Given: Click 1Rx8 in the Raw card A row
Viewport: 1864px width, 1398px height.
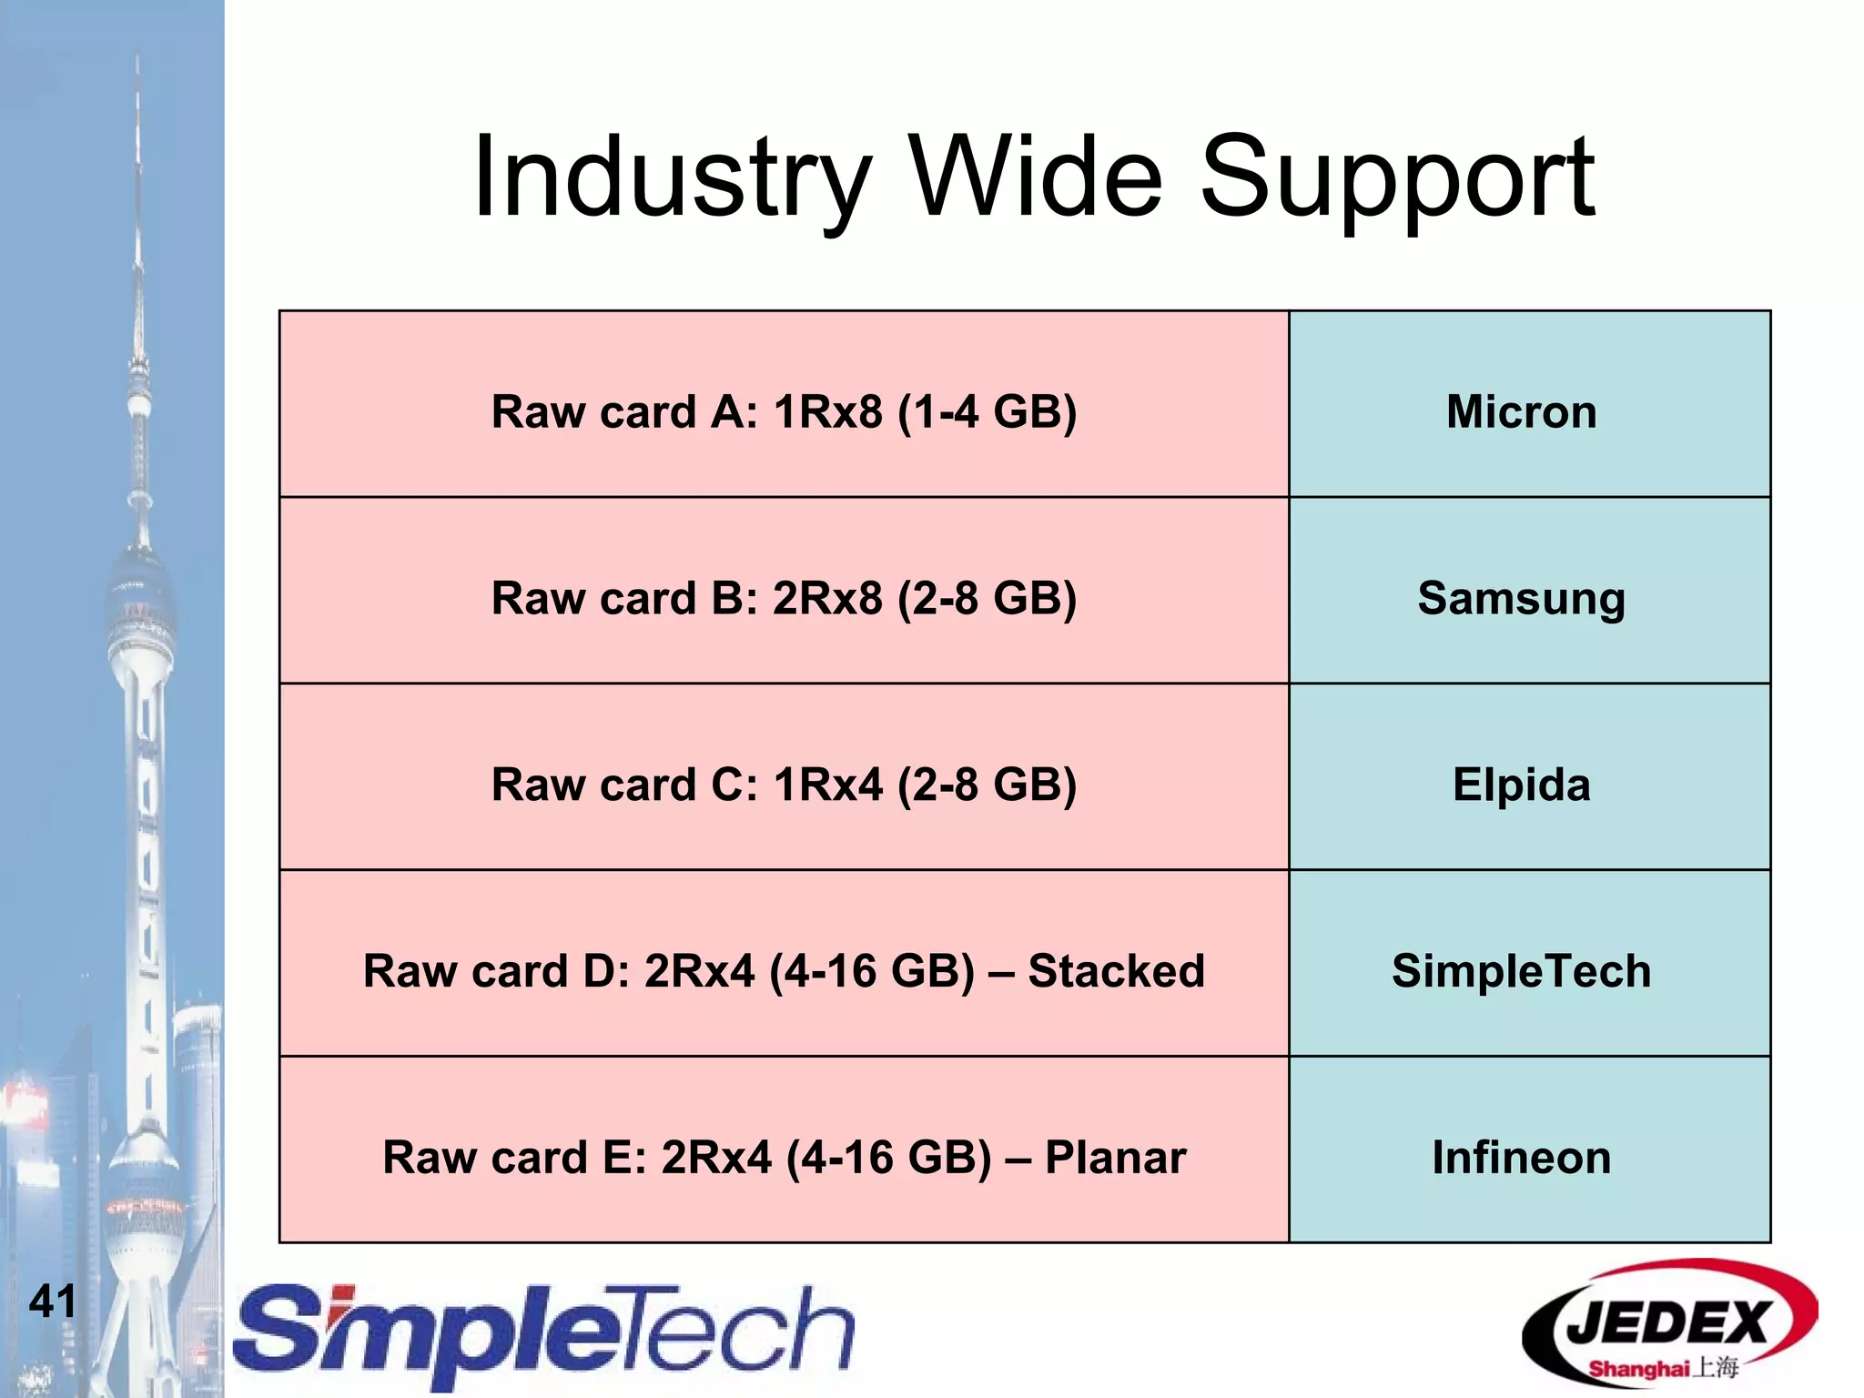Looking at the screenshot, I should pyautogui.click(x=827, y=411).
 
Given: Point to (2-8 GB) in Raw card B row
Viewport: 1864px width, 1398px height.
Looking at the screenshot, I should pyautogui.click(x=988, y=599).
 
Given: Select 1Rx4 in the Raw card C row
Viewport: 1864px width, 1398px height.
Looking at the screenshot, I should pyautogui.click(x=827, y=785).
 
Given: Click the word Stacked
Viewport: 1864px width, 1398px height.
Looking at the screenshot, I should pyautogui.click(x=1116, y=971).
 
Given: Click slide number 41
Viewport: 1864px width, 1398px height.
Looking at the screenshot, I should pyautogui.click(x=52, y=1302).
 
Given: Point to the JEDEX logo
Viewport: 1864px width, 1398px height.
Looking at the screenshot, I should pyautogui.click(x=1668, y=1324).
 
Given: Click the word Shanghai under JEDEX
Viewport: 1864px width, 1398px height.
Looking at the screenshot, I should pyautogui.click(x=1638, y=1369).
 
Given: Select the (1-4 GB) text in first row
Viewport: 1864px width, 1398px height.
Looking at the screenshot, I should pyautogui.click(x=988, y=411).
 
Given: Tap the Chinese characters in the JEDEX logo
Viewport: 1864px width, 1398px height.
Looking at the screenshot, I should pyautogui.click(x=1715, y=1368).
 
